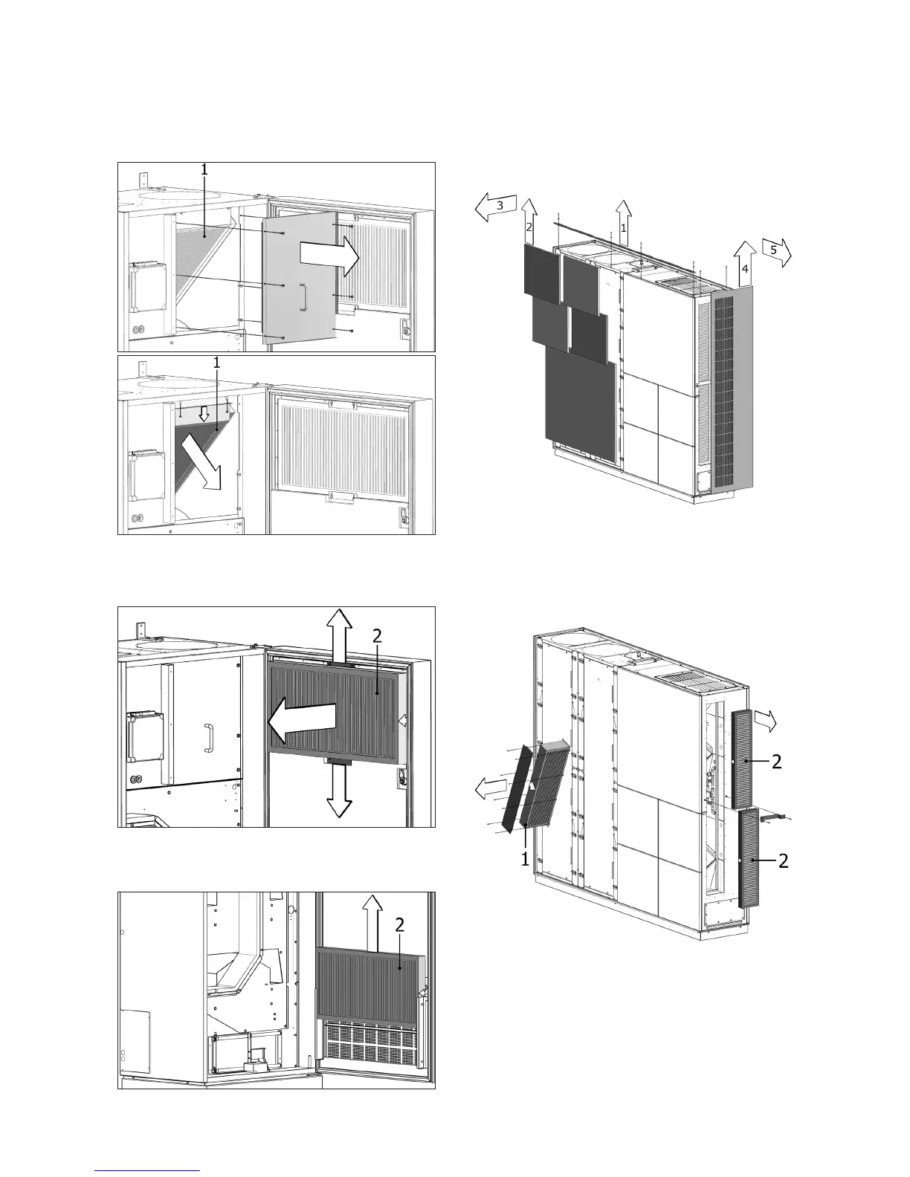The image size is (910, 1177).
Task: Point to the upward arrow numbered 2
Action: pyautogui.click(x=529, y=220)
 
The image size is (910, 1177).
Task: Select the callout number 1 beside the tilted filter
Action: pyautogui.click(x=525, y=860)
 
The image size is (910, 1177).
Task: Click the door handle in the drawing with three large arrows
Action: pyautogui.click(x=210, y=737)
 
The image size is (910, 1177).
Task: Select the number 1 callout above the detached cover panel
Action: pyautogui.click(x=204, y=170)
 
